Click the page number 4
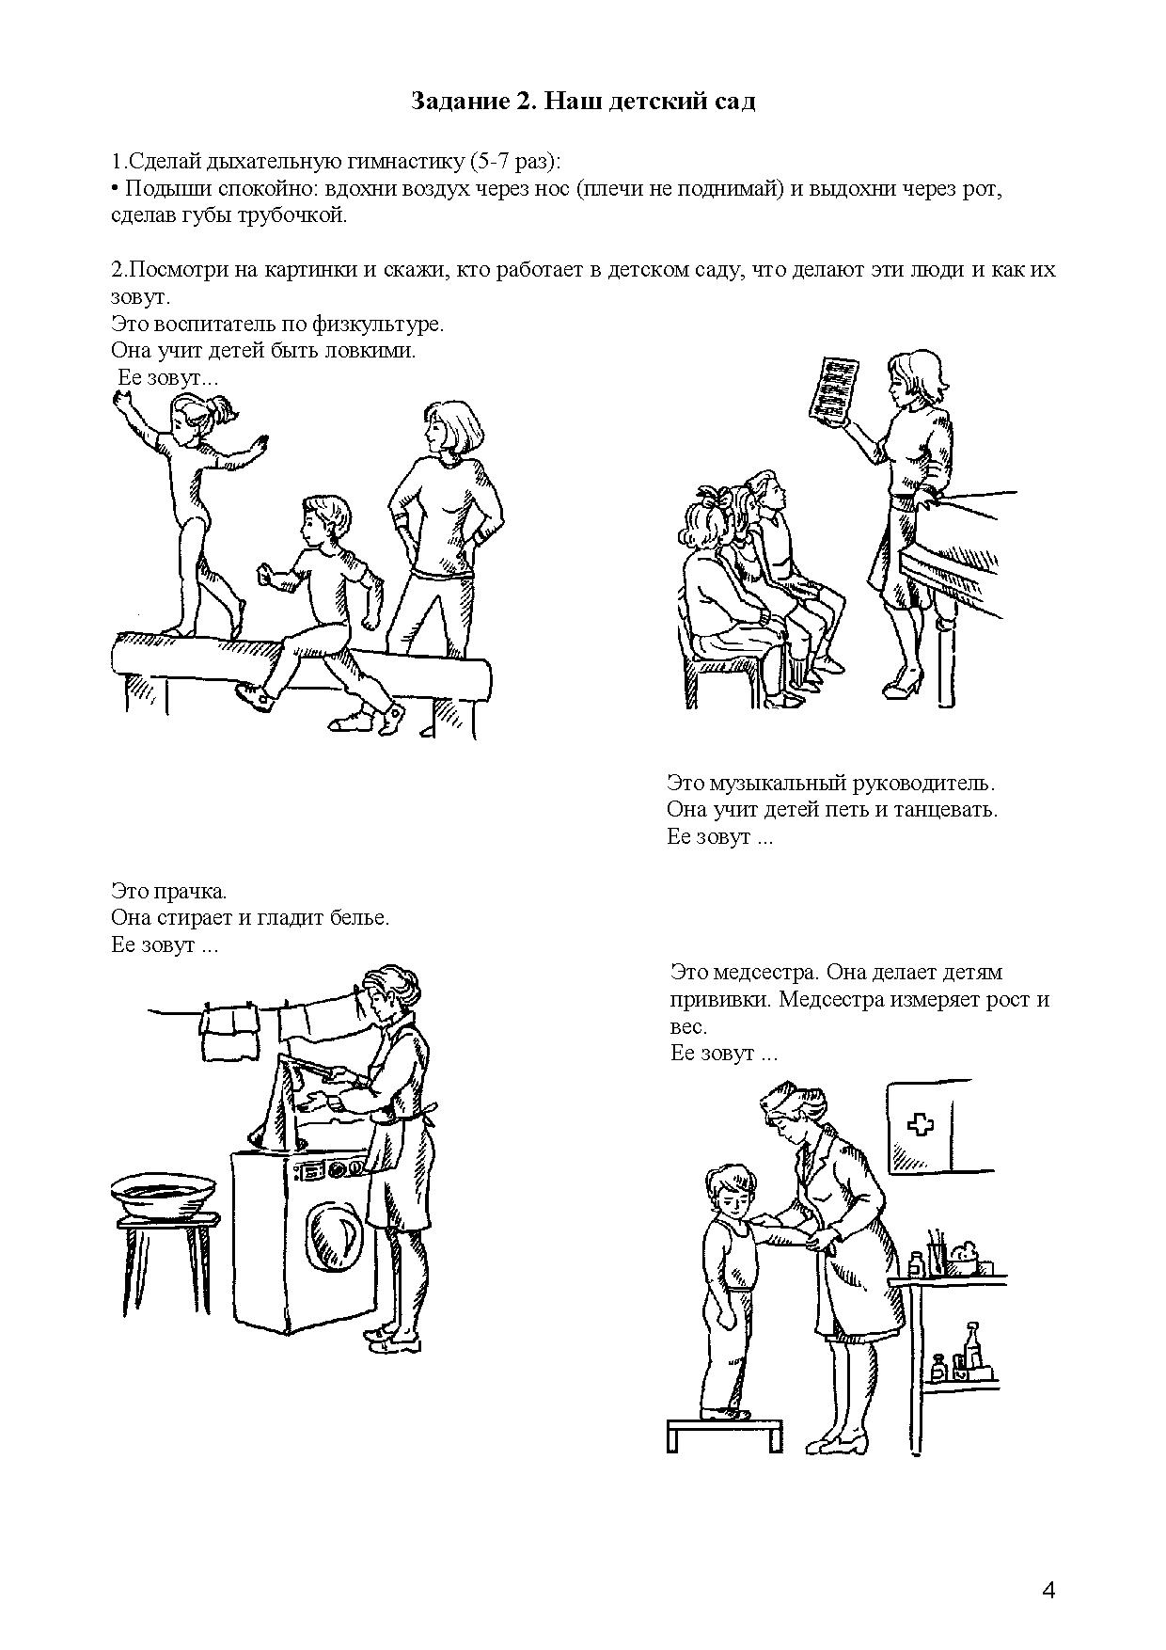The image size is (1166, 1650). (x=1048, y=1565)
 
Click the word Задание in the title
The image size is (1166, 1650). (x=457, y=102)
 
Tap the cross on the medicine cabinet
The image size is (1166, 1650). (x=916, y=1124)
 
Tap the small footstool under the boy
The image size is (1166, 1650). (x=723, y=1433)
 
